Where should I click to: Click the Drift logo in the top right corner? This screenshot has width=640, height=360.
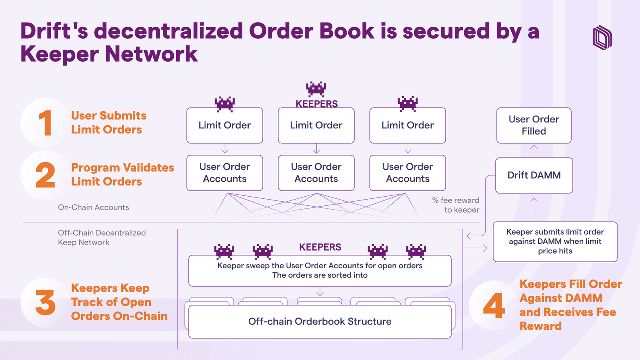602,37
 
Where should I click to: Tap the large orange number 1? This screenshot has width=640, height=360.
45,123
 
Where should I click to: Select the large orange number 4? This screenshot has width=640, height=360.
494,305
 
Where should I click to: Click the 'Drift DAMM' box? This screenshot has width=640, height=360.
534,175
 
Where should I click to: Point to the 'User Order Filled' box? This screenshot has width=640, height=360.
534,125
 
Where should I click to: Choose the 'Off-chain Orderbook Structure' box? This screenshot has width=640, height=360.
320,322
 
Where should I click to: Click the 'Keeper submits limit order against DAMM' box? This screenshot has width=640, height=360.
555,242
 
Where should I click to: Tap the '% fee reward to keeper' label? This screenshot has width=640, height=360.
456,205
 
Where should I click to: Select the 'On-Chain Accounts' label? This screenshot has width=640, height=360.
93,207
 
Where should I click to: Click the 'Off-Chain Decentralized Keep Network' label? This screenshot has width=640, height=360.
102,237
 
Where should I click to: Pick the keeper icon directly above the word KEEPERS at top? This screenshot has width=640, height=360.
316,89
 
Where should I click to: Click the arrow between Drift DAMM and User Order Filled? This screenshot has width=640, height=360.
534,150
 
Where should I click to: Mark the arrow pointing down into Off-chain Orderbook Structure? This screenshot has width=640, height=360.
320,291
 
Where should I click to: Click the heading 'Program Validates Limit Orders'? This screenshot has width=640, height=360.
122,175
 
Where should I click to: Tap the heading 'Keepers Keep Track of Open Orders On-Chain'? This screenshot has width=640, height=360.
119,302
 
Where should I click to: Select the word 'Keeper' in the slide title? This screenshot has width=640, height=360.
59,54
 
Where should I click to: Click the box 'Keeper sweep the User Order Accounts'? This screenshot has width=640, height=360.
320,271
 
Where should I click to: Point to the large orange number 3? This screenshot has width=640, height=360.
45,303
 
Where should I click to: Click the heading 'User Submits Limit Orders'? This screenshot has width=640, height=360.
108,122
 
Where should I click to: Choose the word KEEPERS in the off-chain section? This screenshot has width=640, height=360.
320,247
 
